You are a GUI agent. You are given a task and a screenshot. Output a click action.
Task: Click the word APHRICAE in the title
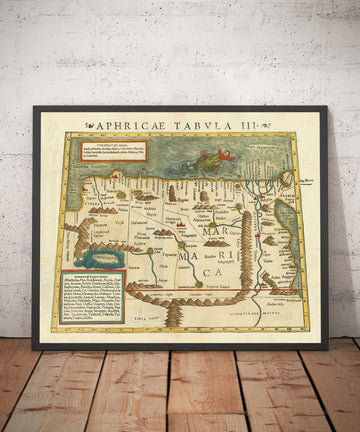123,126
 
